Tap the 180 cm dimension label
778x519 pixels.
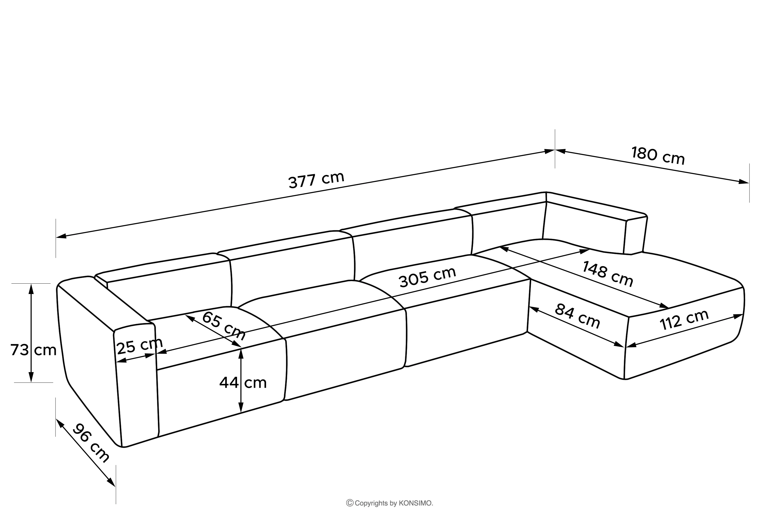coord(658,155)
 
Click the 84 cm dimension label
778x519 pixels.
coord(578,316)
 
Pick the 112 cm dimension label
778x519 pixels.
coord(684,320)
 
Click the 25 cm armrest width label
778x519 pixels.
coord(140,346)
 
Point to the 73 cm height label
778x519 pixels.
coord(33,350)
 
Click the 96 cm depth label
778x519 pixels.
coord(90,443)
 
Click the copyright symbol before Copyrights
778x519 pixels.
coord(350,503)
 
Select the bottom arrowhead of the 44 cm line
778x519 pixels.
coord(241,407)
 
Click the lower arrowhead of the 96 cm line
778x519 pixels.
coord(112,482)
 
